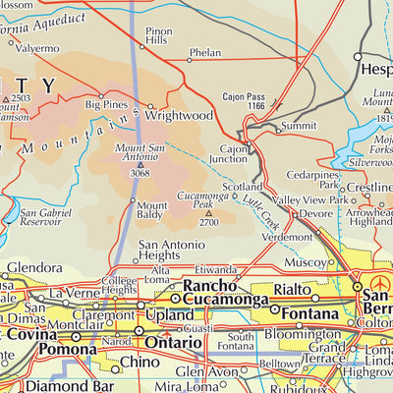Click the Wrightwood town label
pos(179,115)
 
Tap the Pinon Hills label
pos(159,37)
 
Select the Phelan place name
pos(205,52)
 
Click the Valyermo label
pos(36,48)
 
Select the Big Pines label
pos(107,103)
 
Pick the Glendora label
pos(34,267)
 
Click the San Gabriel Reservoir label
pos(44,217)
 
